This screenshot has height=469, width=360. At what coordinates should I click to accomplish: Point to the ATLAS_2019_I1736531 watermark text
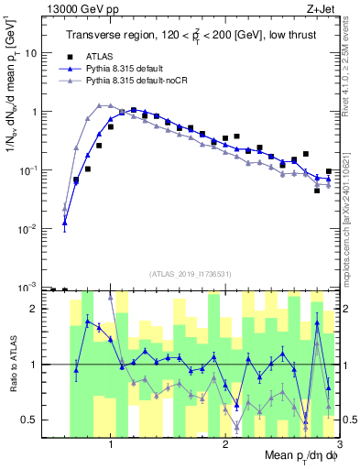tap(191, 273)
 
